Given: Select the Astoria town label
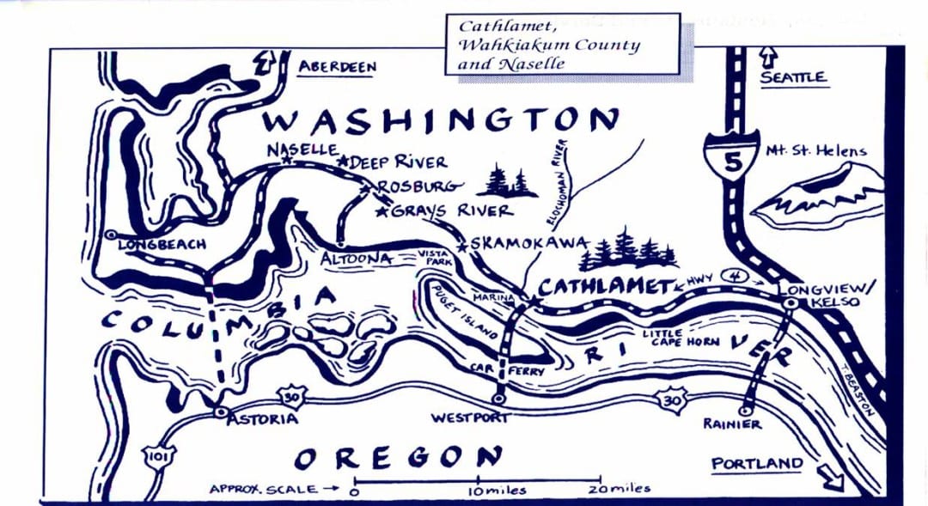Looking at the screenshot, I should coord(263,418).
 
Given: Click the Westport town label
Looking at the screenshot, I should coord(469,418).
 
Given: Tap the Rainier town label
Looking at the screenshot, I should coord(731,424).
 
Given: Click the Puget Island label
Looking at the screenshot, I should coord(461,313).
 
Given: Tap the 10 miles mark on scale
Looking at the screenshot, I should coord(479,489).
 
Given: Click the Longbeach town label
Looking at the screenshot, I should coord(162,244).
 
